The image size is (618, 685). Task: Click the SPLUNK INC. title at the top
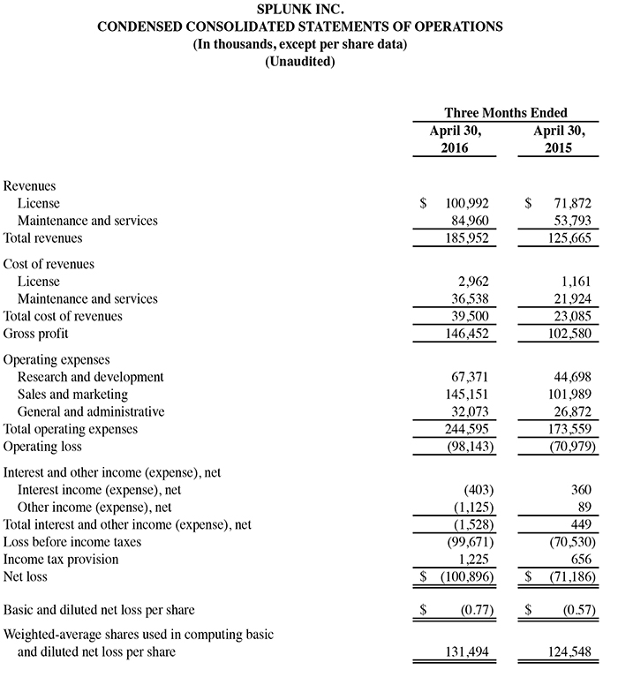pos(299,10)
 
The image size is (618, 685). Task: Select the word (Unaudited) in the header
pos(299,62)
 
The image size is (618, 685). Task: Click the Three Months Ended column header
pos(505,113)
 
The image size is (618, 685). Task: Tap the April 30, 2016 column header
pos(455,139)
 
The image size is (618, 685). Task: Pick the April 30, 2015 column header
pos(559,139)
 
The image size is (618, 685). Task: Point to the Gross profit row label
pos(36,334)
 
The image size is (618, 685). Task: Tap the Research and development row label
pos(91,378)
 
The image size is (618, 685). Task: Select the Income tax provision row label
pos(61,560)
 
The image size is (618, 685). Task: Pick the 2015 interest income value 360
pos(580,491)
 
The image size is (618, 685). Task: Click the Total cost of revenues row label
pos(63,317)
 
